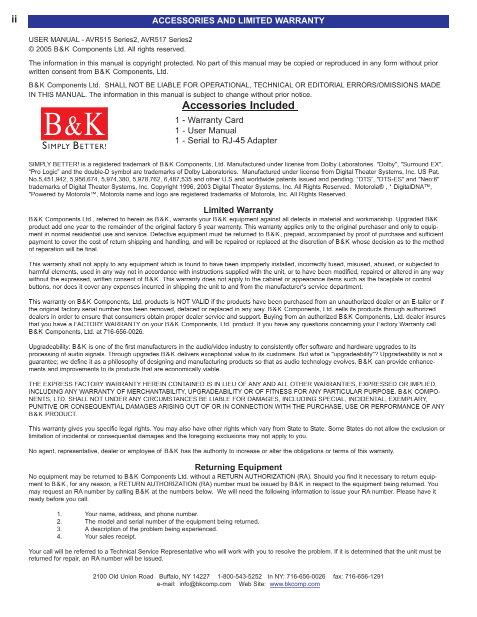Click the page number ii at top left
click(x=14, y=19)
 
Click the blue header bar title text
click(x=238, y=21)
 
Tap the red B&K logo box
click(x=74, y=124)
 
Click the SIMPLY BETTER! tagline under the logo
click(x=74, y=146)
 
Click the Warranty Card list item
click(x=209, y=120)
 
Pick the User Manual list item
click(x=206, y=131)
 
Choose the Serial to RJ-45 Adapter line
click(x=226, y=141)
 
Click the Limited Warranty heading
click(x=238, y=210)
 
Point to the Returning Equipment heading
click(x=238, y=468)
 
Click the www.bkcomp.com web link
click(x=294, y=584)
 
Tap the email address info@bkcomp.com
click(x=205, y=584)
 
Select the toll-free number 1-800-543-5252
click(x=239, y=577)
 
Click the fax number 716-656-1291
click(x=364, y=577)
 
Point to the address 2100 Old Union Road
click(x=123, y=577)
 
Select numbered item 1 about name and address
click(x=141, y=514)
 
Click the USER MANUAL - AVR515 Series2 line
click(x=110, y=40)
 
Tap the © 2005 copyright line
click(x=107, y=49)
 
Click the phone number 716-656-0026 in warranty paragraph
click(x=123, y=332)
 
